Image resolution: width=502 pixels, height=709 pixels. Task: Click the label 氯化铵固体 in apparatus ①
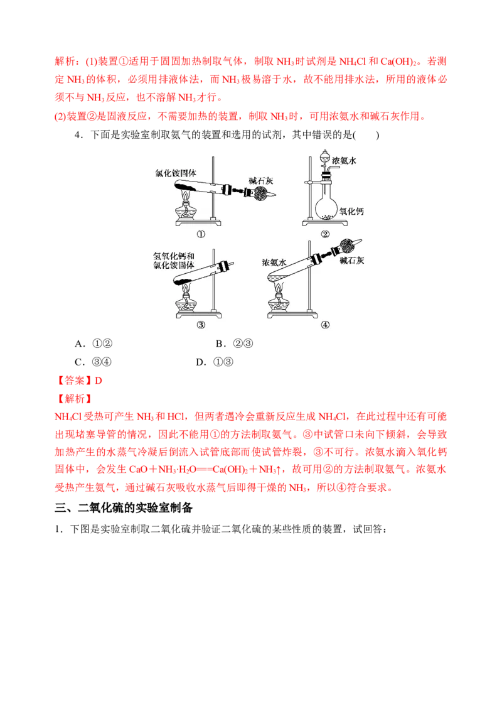coord(175,173)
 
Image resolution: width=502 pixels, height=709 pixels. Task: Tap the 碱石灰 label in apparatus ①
coord(260,181)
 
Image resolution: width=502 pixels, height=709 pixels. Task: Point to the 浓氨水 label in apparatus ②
coord(344,161)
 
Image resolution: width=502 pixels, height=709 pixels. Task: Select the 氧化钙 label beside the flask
coord(351,211)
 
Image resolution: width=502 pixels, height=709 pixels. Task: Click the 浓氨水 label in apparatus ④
coord(274,262)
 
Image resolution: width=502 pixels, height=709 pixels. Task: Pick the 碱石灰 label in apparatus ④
coord(351,261)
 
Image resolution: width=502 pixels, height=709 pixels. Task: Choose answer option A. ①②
coord(93,344)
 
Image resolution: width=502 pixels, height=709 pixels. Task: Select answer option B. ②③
coord(234,344)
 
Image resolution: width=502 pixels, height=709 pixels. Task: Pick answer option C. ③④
coord(93,362)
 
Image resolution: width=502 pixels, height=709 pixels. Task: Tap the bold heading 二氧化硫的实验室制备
coord(135,508)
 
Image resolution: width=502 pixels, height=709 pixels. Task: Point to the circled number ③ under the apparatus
coord(201,325)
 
